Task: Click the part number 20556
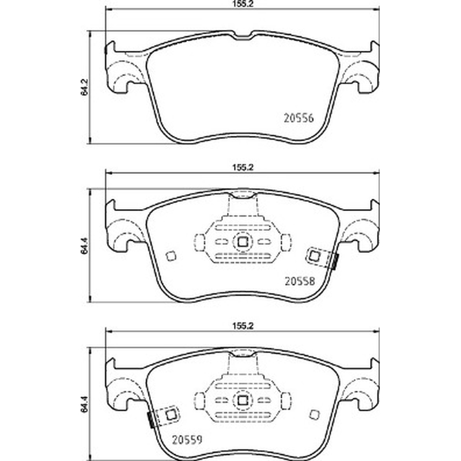click(298, 118)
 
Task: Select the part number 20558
click(300, 281)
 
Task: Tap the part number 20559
click(187, 440)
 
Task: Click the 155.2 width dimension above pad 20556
click(243, 3)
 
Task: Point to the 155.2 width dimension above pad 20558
click(243, 168)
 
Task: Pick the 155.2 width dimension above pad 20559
click(243, 326)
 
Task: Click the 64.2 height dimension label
click(84, 88)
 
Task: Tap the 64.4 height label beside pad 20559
click(84, 405)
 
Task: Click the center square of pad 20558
click(243, 242)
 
